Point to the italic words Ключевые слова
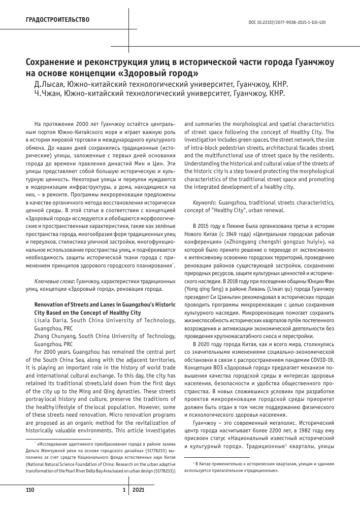click(x=53, y=281)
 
